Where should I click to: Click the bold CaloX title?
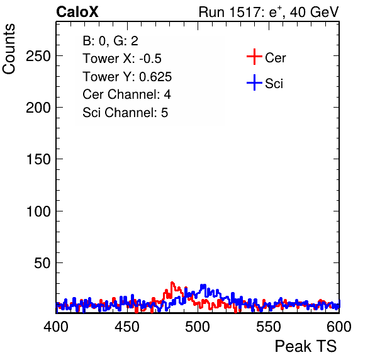tap(77, 12)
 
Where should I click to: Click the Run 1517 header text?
tap(269, 12)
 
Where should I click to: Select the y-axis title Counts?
tap(9, 49)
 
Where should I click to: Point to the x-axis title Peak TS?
tap(305, 346)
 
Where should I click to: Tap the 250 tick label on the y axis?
tap(38, 57)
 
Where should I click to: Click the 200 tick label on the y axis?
tap(38, 108)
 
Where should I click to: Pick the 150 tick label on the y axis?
tap(38, 159)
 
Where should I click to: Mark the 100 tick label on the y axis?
tap(38, 211)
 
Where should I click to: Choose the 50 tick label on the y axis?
tap(42, 263)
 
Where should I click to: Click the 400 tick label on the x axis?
tap(56, 327)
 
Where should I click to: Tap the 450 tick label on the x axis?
tap(126, 327)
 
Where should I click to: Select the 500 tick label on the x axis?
tap(198, 327)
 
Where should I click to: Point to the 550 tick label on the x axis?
tap(268, 327)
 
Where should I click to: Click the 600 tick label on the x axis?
tap(339, 327)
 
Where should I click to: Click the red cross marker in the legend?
tap(254, 57)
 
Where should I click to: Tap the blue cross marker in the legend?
tap(254, 83)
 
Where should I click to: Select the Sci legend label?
tap(274, 84)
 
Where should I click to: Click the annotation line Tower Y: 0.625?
tap(127, 77)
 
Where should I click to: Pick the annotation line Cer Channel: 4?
tap(126, 94)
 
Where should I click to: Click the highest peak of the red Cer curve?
tap(172, 283)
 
